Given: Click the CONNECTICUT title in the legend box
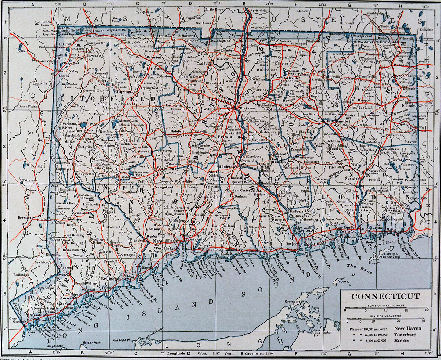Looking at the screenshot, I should point(386,296).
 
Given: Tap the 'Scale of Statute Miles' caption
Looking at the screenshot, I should point(386,306).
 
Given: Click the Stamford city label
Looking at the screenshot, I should point(38,315).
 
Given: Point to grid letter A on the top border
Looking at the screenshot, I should point(33,4).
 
